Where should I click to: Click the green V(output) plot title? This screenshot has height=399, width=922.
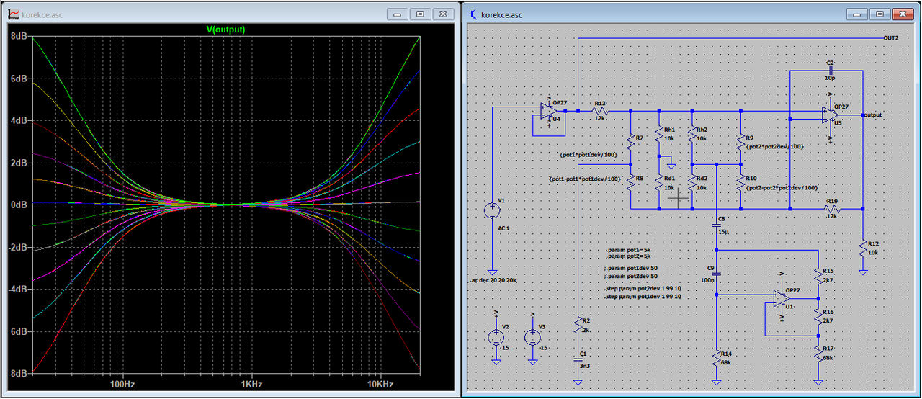tap(226, 30)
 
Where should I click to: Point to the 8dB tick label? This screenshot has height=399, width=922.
tap(19, 36)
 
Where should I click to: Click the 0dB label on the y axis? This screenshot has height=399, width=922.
tap(19, 205)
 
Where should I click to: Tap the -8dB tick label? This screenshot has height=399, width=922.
tap(18, 373)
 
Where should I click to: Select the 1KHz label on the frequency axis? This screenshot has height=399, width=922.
tap(251, 385)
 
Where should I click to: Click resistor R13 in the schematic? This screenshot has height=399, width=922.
tap(600, 111)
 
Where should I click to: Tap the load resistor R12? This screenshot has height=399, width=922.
tap(862, 247)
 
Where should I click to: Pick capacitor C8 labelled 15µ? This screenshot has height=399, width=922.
tap(716, 224)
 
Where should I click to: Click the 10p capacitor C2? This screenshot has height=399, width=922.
tap(831, 71)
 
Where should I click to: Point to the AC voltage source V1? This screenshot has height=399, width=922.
tap(492, 210)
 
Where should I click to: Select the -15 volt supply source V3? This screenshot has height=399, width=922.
tap(532, 337)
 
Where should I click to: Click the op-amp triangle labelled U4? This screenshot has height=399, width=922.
tap(550, 111)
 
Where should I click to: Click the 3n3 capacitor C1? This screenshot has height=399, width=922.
tap(578, 358)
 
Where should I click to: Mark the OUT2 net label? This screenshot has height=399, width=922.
tap(890, 37)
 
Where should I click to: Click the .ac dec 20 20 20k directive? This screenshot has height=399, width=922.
tap(493, 279)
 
